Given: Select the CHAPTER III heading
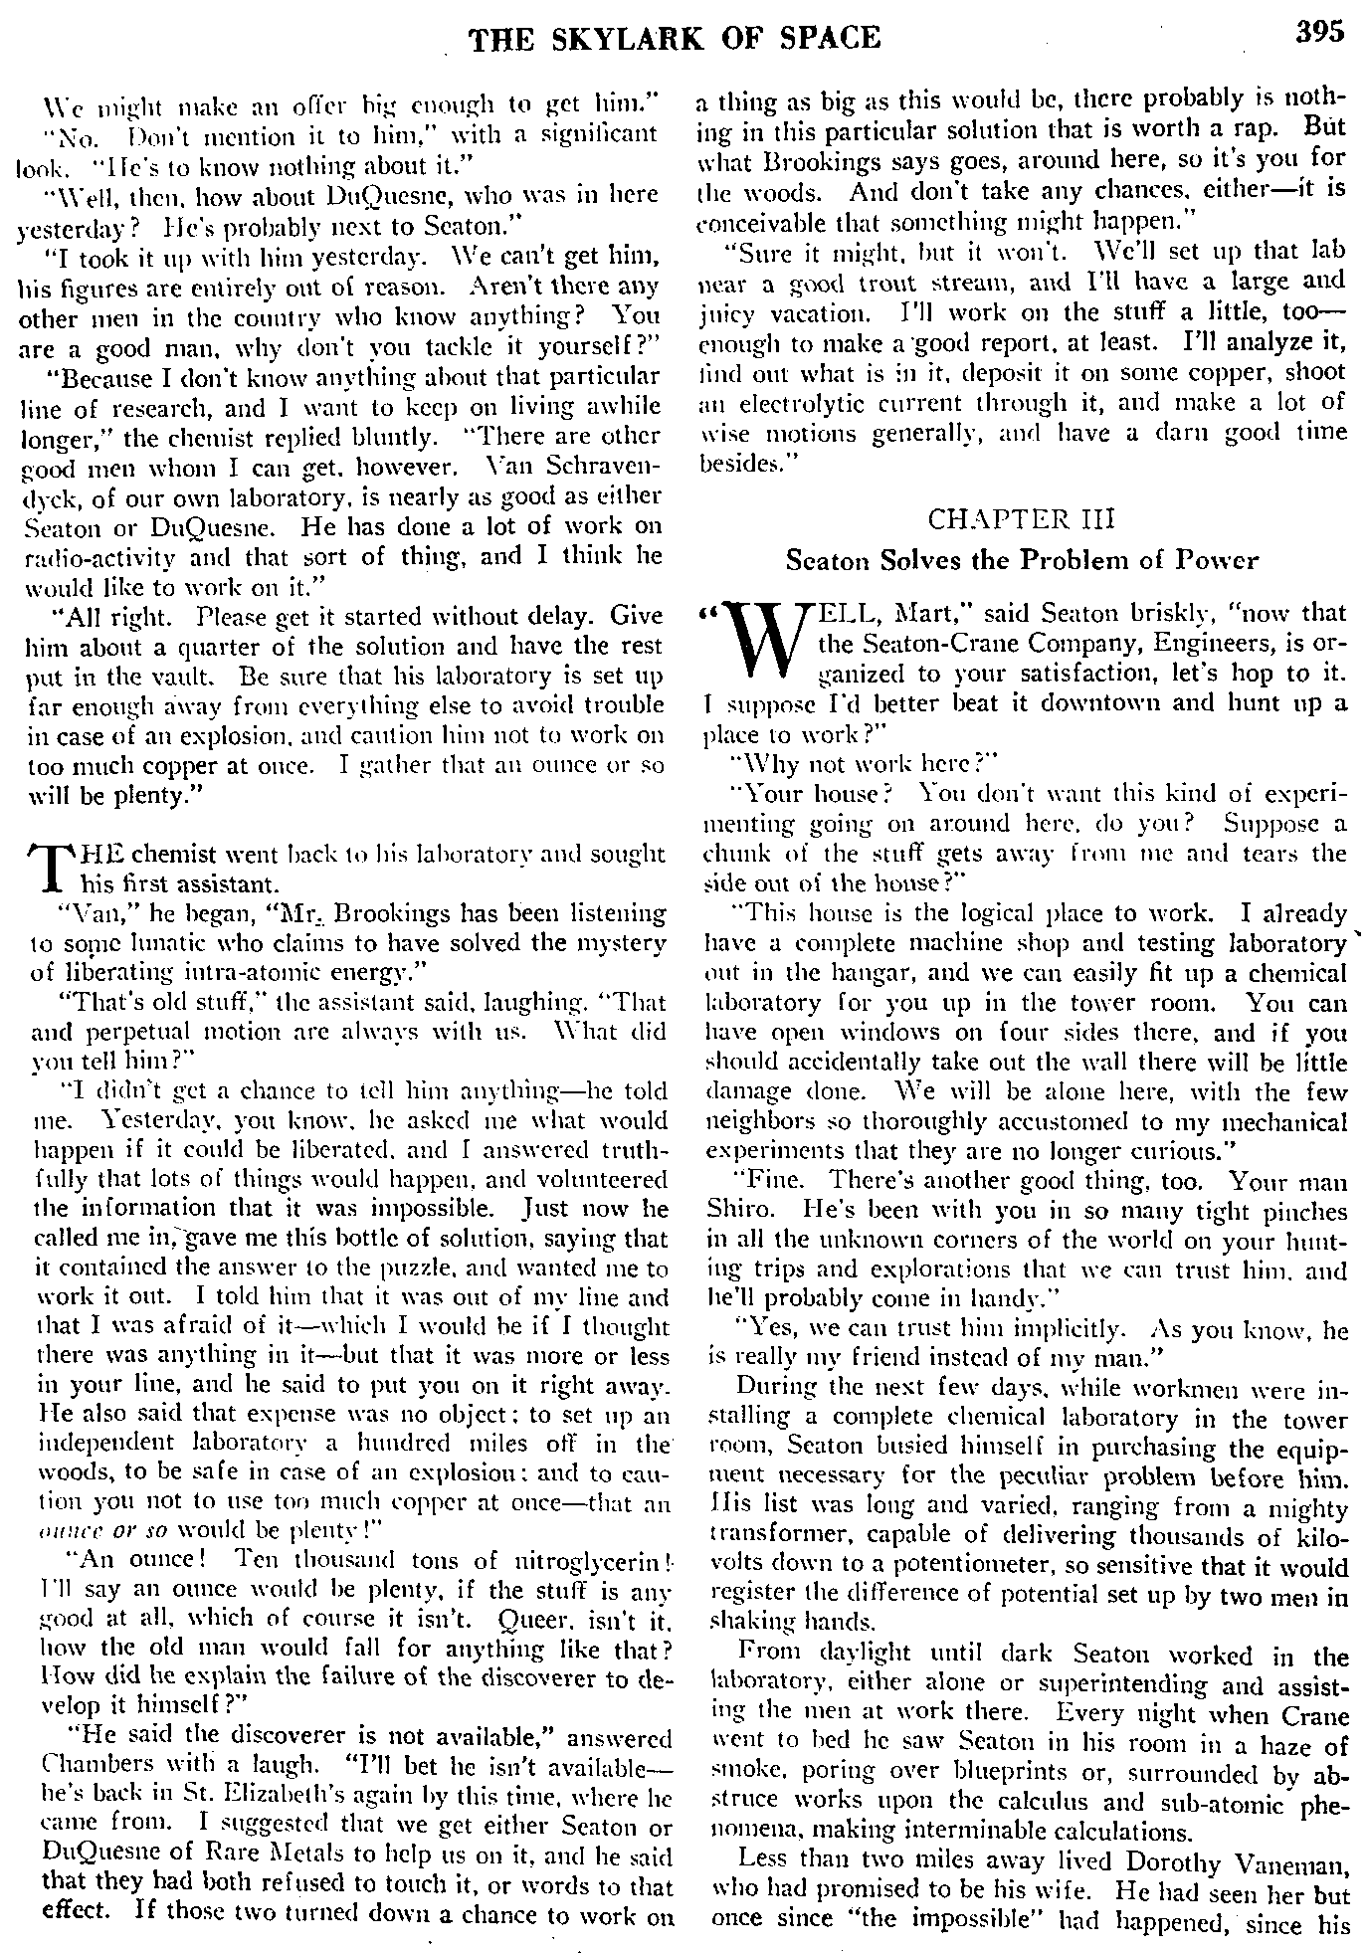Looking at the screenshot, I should [x=1021, y=519].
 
